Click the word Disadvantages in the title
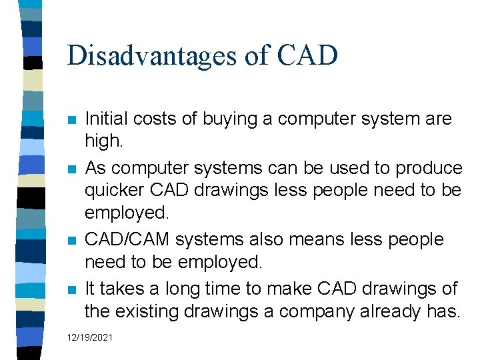150,55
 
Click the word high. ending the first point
103,143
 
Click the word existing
153,311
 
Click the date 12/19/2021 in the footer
90,338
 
